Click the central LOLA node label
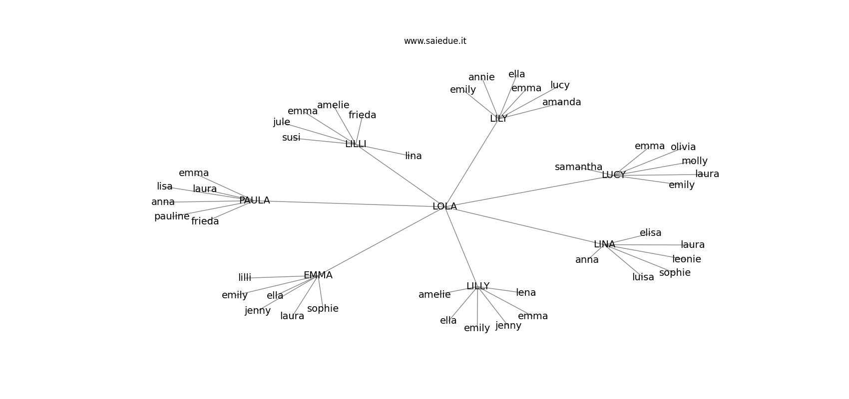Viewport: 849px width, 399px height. pos(444,206)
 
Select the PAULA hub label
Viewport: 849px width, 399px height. pos(254,200)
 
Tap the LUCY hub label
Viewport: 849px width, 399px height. pos(613,175)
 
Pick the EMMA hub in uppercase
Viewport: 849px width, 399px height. pos(318,275)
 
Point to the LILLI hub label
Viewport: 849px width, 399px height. pos(356,144)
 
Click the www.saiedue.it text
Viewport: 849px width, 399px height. pos(435,41)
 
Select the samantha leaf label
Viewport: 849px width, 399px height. pos(578,167)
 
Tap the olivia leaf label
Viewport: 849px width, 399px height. pos(683,147)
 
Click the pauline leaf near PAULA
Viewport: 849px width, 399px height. pos(172,216)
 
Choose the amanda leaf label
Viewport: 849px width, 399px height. pos(561,102)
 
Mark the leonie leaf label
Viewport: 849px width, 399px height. pos(686,259)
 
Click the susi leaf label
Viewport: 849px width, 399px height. pos(291,138)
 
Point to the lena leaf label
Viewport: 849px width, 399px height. pos(525,293)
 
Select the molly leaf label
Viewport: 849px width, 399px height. pos(694,161)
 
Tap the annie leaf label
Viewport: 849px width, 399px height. pos(481,77)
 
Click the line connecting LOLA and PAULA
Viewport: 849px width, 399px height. pos(350,203)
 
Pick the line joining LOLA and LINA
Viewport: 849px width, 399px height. pos(524,225)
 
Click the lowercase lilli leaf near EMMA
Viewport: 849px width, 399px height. pos(245,278)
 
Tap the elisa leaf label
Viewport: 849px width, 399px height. pos(650,233)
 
